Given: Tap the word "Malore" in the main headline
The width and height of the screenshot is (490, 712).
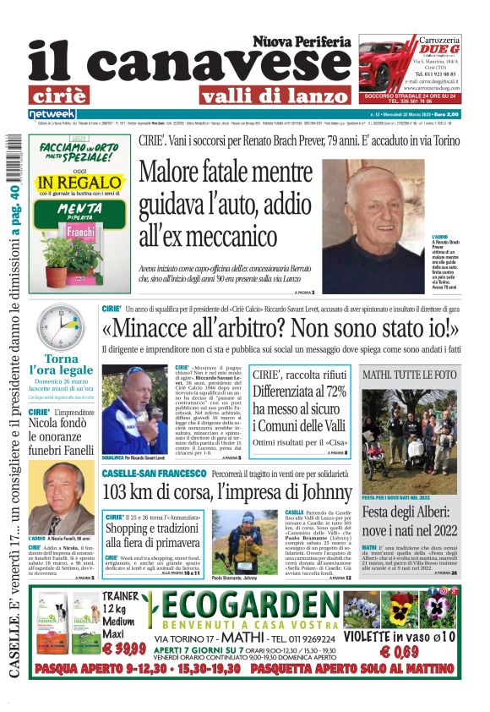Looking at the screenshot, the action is [179, 171].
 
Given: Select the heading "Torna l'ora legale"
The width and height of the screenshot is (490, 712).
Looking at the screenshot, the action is [61, 364].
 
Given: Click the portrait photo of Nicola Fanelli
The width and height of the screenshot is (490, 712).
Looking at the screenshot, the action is [60, 498].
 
